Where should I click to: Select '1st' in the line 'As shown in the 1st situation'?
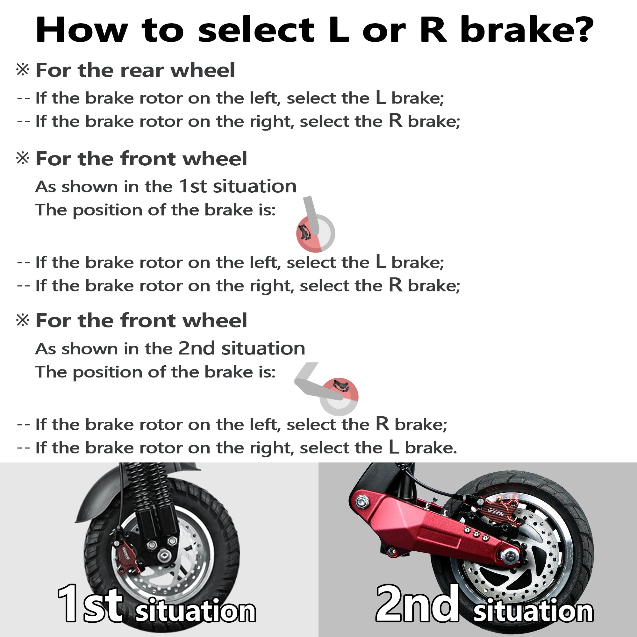tap(193, 187)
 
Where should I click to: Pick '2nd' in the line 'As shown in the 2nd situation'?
tap(197, 348)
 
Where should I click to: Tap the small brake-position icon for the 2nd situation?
tap(326, 389)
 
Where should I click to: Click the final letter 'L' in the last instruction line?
tap(394, 447)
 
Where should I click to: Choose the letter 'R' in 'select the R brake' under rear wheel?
tap(395, 121)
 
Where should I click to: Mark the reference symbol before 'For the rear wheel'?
tap(23, 69)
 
